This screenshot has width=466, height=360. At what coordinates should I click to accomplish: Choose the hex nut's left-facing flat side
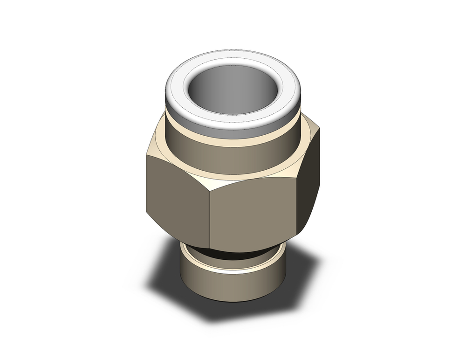(x=177, y=205)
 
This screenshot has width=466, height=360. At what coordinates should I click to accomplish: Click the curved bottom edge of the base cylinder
(x=233, y=301)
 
